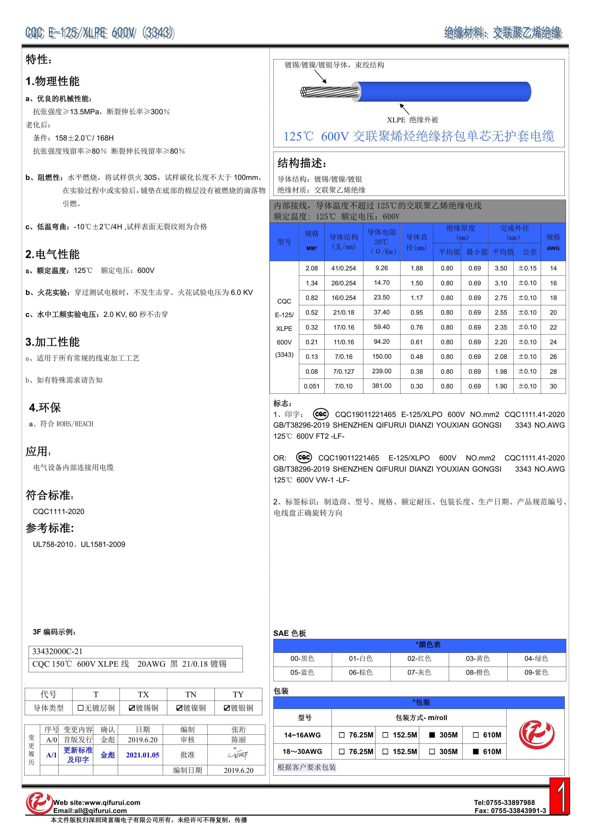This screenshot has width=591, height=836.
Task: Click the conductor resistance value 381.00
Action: pyautogui.click(x=381, y=386)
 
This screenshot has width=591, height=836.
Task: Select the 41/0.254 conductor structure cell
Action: pyautogui.click(x=343, y=268)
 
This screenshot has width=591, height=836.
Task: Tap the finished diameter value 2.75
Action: pyautogui.click(x=501, y=298)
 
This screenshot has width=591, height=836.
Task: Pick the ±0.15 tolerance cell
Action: pyautogui.click(x=527, y=268)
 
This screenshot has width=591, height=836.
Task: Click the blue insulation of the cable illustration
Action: pyautogui.click(x=444, y=91)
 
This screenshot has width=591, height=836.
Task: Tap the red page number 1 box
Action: pyautogui.click(x=559, y=796)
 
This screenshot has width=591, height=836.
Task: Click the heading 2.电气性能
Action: pyautogui.click(x=53, y=254)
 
